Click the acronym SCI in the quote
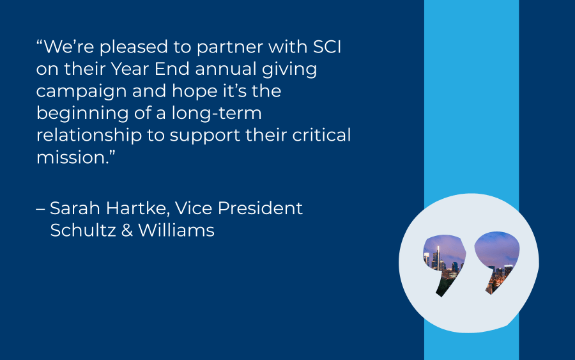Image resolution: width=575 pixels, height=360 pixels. coord(327,47)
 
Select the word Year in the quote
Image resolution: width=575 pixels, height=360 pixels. coord(130,69)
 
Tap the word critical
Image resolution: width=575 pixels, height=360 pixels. coord(321,135)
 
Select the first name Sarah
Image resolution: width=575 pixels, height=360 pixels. coord(75,208)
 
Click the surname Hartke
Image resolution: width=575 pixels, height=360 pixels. coord(137,209)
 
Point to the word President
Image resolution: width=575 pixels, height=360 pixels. coord(260,208)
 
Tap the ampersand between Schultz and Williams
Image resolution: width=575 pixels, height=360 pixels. coord(127,230)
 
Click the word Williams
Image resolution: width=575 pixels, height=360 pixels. coord(176,230)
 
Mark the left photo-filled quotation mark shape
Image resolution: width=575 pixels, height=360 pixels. coord(445,262)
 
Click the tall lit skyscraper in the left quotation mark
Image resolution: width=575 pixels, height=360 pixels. coord(438,258)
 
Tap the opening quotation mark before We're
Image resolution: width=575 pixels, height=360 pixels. coord(40,42)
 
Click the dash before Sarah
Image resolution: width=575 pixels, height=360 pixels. coord(40,210)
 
